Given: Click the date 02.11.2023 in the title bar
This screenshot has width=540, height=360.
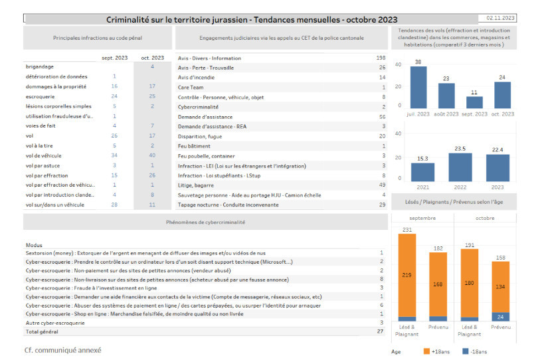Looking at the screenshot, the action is [x=500, y=18].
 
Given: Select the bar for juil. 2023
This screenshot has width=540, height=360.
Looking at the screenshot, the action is [x=418, y=87].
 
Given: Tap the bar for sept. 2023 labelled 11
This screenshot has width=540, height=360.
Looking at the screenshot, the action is [x=474, y=102].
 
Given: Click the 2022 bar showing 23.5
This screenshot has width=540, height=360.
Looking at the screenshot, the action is [x=460, y=167].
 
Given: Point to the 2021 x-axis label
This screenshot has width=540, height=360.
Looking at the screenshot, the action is [x=422, y=187].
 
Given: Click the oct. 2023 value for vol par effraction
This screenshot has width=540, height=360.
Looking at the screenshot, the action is [x=152, y=175].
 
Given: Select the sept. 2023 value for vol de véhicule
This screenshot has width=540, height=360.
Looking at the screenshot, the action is [x=114, y=155].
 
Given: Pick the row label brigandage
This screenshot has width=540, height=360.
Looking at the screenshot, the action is [x=40, y=66].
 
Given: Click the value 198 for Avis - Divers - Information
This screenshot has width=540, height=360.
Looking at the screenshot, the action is [x=381, y=58].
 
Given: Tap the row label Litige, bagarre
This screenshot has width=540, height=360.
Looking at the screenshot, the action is [x=196, y=185].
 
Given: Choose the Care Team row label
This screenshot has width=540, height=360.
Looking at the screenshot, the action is [x=191, y=87].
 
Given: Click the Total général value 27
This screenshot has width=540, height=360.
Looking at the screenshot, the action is [x=380, y=331].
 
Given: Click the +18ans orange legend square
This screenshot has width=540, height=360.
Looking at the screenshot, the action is [x=426, y=351].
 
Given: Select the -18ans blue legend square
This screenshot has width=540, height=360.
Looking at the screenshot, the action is [x=465, y=351].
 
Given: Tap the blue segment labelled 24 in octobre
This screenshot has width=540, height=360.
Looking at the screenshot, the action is [x=500, y=317].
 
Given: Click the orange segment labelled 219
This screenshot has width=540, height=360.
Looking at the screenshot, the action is [x=406, y=275].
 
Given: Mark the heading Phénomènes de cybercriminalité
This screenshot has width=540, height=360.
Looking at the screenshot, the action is [x=206, y=223].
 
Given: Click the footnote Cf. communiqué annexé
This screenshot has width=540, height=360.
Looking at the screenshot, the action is [x=62, y=350].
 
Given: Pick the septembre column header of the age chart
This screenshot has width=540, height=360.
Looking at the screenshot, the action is [x=422, y=218].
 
